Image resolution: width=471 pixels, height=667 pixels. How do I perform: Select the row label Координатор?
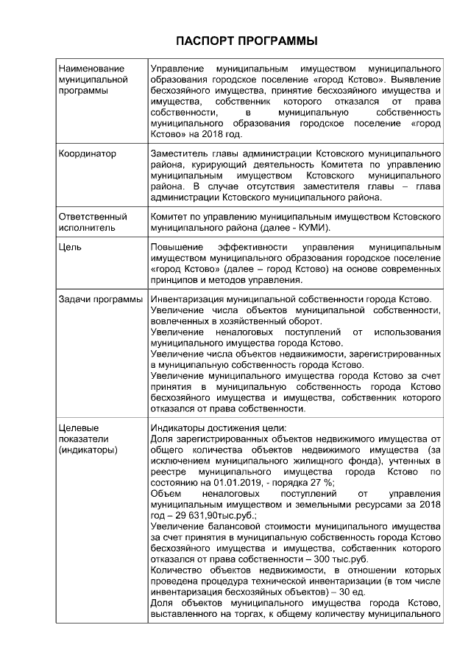(x=87, y=154)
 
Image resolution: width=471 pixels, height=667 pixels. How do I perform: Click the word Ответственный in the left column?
(x=91, y=217)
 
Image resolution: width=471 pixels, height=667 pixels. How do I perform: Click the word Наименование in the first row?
(x=91, y=68)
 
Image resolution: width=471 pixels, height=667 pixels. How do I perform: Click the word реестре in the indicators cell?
(x=167, y=471)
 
